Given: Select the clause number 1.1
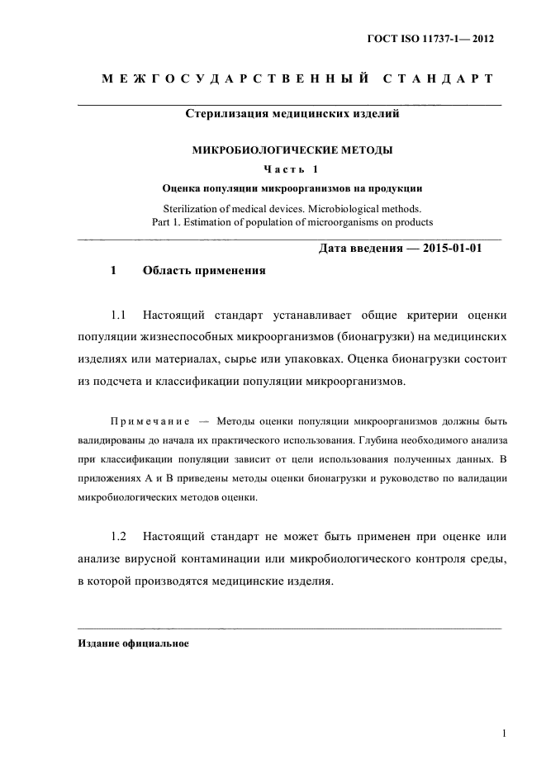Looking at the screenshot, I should pyautogui.click(x=121, y=315).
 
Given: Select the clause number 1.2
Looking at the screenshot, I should pyautogui.click(x=121, y=537).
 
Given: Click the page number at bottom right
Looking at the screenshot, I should pyautogui.click(x=503, y=733).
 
